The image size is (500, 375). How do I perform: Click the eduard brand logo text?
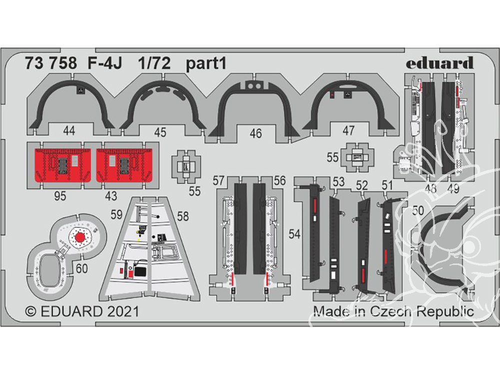point(439,63)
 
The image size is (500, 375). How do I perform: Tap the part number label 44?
point(69,130)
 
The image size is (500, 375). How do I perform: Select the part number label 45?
point(160,132)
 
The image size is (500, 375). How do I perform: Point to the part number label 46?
point(255,133)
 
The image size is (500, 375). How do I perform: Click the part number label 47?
point(348,130)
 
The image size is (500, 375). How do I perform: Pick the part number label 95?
point(60,196)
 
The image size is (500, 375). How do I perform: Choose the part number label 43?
point(111,196)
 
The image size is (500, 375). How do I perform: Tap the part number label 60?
point(81,268)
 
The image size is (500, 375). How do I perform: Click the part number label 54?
point(294,234)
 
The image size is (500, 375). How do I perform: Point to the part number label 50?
point(418,210)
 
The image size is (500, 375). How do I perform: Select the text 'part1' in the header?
point(206,63)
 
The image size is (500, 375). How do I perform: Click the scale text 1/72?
point(154,63)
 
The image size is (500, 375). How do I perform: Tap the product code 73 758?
point(50,63)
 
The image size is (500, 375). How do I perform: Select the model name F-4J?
point(104,63)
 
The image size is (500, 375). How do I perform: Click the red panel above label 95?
point(63,165)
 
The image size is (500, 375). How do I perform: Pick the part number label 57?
point(218,181)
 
